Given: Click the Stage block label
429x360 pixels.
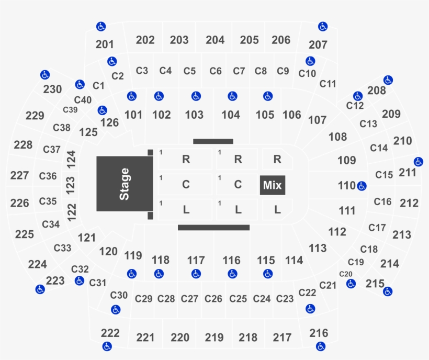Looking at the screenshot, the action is point(124,184).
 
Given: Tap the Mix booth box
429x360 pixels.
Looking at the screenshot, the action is point(273,185).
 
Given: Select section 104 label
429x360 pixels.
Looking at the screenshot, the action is point(231,115).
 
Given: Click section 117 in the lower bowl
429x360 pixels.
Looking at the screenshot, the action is point(196,260).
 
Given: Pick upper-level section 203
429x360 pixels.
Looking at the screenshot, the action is point(179,40).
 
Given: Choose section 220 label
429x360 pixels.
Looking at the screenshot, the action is point(180,337).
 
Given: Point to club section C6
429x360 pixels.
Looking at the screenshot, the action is point(216,71).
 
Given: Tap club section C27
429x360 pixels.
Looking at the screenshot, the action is point(189,299).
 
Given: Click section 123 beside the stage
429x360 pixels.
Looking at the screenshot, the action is point(70,185).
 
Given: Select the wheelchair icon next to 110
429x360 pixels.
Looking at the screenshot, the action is point(362,186).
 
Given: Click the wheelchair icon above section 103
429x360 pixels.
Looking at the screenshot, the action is point(196,96).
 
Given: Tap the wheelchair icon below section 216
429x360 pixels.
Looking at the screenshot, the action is point(320,346).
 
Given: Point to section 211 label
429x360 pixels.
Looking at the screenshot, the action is point(408,173).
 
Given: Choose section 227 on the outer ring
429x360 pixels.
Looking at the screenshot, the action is point(19,175).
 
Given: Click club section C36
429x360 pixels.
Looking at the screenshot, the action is point(48,176).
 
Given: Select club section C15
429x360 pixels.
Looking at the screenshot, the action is point(384,175).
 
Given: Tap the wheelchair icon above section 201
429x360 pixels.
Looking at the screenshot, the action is point(101,27).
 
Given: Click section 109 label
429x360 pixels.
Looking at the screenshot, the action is point(347,160).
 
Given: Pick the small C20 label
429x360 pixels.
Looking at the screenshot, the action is point(345,274).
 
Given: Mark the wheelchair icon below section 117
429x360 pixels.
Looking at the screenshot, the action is point(196,274).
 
